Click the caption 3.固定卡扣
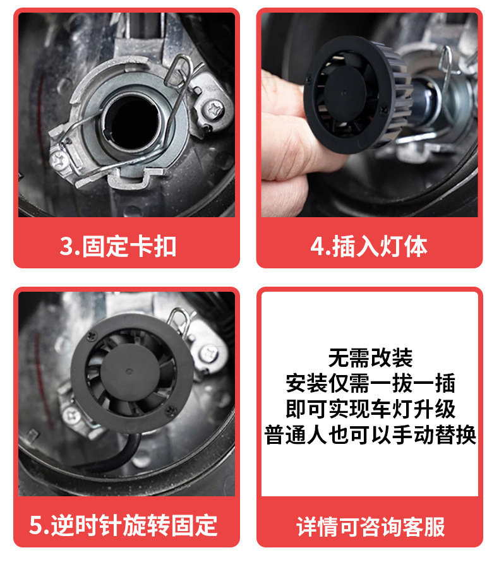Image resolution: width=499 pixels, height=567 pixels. [118, 247]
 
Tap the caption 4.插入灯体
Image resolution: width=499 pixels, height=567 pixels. [369, 247]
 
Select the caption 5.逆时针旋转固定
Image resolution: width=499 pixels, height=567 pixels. [123, 525]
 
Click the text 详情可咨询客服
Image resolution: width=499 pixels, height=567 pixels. [371, 527]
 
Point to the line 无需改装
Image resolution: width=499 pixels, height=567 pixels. [370, 358]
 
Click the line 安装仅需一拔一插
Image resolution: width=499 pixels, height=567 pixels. [370, 383]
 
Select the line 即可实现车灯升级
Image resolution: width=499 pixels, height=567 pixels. [370, 409]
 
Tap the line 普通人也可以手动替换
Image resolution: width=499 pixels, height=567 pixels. [370, 434]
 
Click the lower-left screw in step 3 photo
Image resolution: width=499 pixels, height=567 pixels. [59, 160]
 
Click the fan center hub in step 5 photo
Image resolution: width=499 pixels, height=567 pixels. [130, 372]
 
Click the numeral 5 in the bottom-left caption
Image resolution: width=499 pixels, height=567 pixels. [36, 525]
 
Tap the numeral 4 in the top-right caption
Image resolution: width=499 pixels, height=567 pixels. [317, 247]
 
